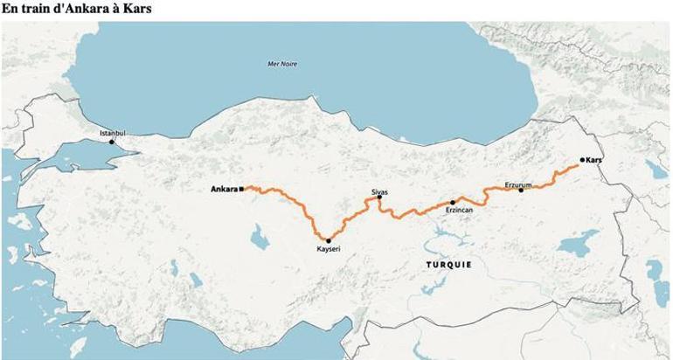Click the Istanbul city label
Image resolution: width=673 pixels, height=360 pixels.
(x=113, y=133)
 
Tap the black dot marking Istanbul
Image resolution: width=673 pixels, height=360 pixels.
(x=111, y=142)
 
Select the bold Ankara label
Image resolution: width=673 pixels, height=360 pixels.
(x=225, y=189)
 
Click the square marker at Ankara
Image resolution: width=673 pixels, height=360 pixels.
(x=241, y=188)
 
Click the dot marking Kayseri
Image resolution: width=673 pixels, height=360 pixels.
(x=329, y=240)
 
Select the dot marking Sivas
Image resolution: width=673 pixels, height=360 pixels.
(x=379, y=198)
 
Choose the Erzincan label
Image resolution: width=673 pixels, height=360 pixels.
(x=459, y=211)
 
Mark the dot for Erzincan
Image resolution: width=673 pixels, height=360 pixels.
(x=453, y=202)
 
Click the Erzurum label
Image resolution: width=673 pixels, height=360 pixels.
(x=518, y=183)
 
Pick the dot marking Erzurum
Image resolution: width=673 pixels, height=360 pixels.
(x=522, y=190)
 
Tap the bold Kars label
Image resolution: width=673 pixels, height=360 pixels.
(x=595, y=161)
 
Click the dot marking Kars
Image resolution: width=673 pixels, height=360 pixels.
(x=582, y=160)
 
